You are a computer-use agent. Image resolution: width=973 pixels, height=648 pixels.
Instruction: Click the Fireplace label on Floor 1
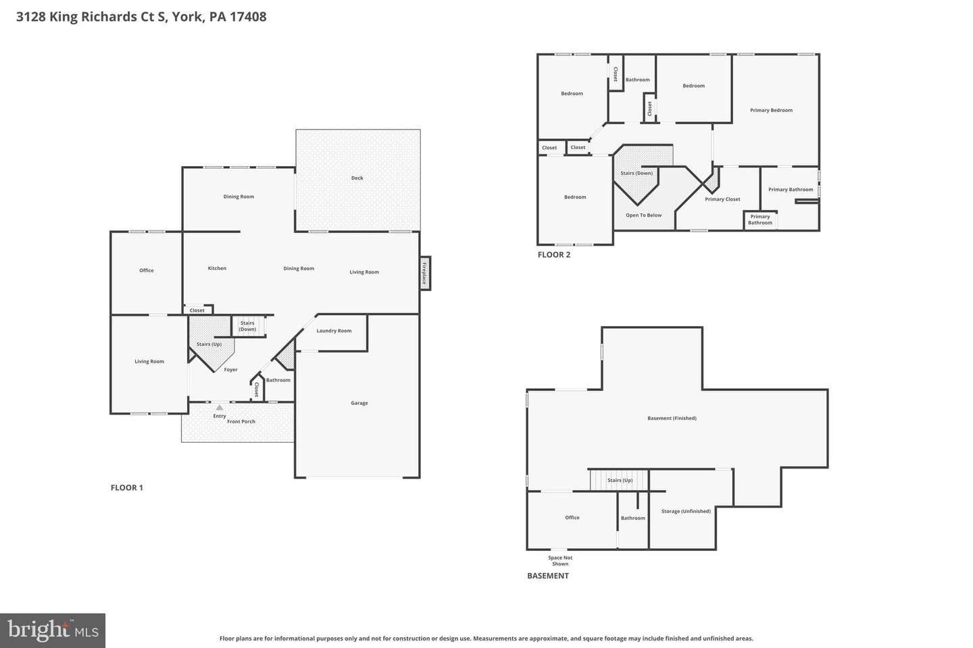[424, 273]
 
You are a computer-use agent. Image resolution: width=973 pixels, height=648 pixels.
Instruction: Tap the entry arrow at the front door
[220, 408]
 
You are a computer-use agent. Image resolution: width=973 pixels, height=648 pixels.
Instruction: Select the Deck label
[357, 178]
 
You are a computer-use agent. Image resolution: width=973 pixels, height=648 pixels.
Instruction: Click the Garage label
[359, 403]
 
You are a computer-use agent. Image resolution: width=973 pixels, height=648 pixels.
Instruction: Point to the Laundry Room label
[334, 331]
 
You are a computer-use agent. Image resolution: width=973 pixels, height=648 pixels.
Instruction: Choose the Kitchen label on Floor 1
[217, 268]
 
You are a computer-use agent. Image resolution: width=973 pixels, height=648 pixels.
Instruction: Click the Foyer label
[230, 370]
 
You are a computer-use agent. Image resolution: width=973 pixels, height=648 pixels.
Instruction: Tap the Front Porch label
[241, 421]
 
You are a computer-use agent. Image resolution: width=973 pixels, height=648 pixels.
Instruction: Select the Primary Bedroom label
[771, 110]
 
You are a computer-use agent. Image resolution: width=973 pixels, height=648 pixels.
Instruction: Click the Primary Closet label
[722, 199]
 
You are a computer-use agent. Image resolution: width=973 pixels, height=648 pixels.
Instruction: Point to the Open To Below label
[644, 215]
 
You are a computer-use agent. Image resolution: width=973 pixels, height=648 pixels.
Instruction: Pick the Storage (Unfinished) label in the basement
[686, 511]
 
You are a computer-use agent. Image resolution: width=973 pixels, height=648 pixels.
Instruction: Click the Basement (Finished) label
[672, 418]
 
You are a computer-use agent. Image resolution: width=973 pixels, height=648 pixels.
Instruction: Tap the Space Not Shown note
[560, 561]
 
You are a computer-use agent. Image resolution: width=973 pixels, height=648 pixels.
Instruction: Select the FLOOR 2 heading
[554, 254]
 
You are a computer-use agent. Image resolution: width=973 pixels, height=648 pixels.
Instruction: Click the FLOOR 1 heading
[127, 488]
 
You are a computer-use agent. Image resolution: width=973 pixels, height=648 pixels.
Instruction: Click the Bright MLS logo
[53, 630]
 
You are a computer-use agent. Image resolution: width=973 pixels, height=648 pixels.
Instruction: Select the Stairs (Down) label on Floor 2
[637, 173]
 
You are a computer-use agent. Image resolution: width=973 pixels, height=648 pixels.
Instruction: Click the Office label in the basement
[572, 518]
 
